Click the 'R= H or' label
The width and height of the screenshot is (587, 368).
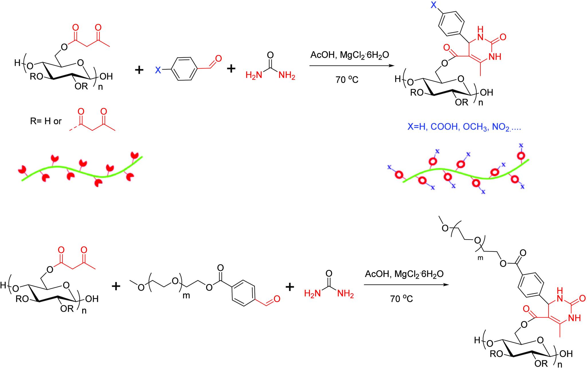(x=46, y=121)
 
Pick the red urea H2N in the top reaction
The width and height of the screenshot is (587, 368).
(x=254, y=76)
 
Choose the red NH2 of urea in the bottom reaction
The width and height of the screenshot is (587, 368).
(x=345, y=294)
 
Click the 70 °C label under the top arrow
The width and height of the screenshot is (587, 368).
(x=347, y=80)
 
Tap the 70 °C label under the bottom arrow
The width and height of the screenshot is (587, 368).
(x=402, y=299)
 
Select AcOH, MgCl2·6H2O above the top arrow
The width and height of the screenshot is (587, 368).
(x=350, y=55)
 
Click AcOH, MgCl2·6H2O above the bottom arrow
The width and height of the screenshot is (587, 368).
(x=404, y=274)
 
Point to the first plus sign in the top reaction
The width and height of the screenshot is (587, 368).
(x=139, y=70)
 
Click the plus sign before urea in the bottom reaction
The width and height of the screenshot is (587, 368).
(x=290, y=287)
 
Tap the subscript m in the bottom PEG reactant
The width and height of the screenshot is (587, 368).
(x=186, y=296)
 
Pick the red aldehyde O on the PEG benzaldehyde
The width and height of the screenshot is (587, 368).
(x=277, y=299)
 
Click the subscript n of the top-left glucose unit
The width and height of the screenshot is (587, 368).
(x=101, y=87)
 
